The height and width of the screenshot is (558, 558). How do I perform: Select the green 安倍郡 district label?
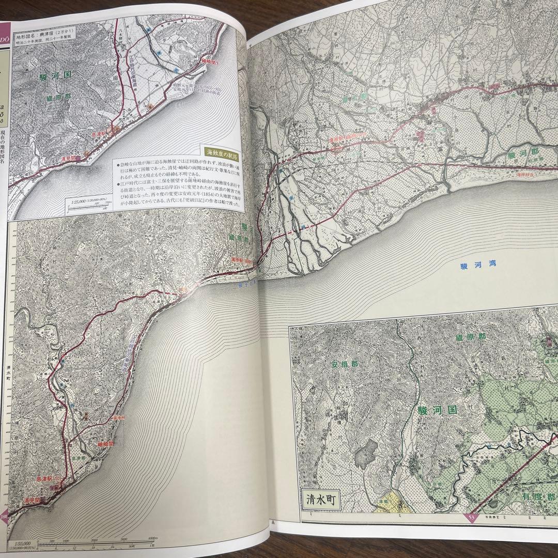pos(345,364)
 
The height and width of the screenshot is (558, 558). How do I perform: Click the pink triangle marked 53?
pos(471,518)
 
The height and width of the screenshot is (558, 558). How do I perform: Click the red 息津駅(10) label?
pos(50,479)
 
